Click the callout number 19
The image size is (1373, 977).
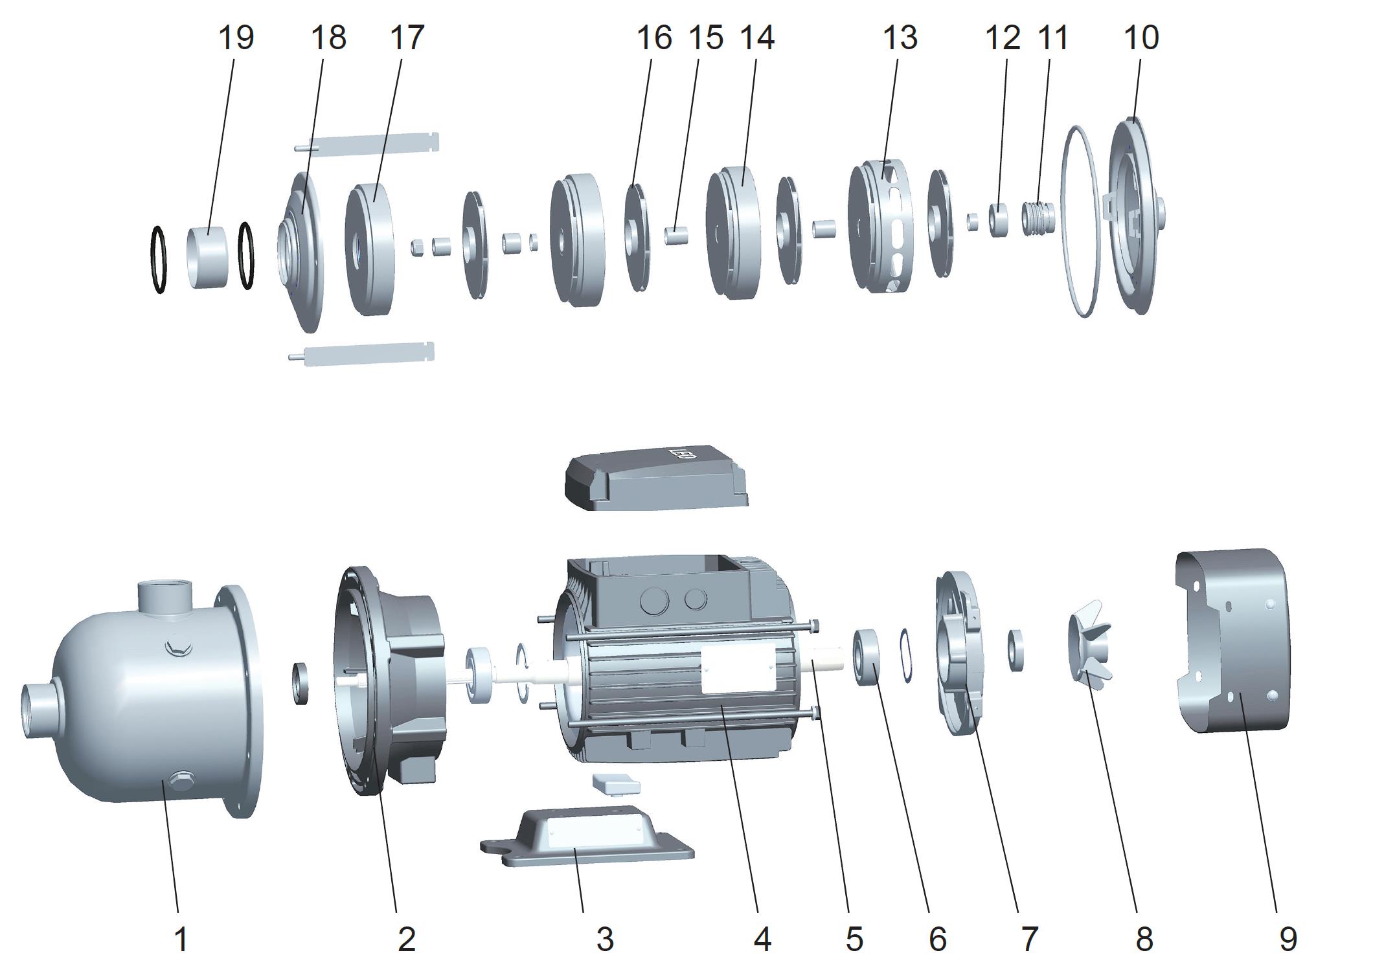[236, 38]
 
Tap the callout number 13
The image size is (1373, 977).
[900, 38]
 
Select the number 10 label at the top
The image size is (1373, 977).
[1141, 38]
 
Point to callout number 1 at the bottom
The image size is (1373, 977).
[181, 939]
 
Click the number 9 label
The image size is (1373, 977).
[1288, 939]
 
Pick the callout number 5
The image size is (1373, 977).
[854, 939]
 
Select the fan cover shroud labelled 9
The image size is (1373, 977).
[1231, 641]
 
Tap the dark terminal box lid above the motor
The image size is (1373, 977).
[657, 477]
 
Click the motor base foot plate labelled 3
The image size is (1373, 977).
[587, 837]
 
